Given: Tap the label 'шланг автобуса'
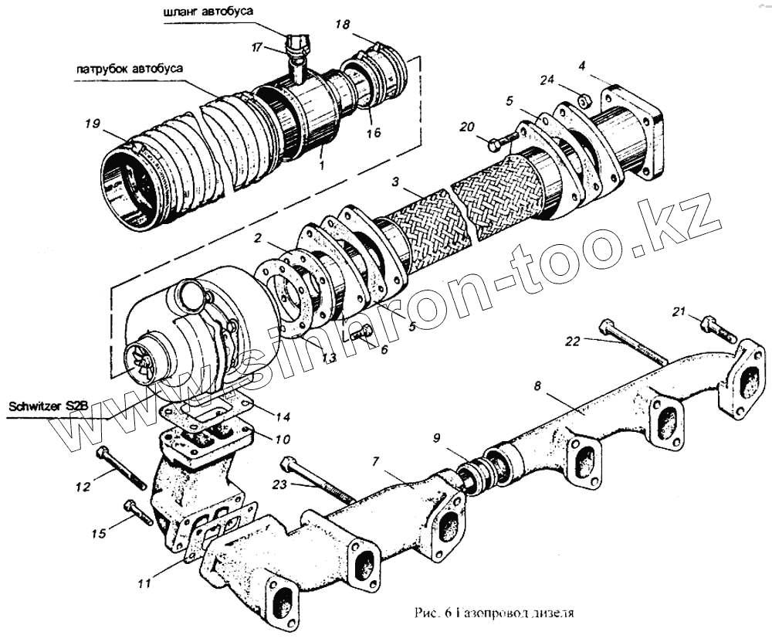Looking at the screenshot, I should [208, 12].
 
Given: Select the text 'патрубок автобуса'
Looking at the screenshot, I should [130, 68].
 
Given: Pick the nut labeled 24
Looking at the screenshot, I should [585, 100].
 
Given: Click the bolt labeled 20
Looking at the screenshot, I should [503, 142].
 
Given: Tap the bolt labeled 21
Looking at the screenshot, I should [719, 328].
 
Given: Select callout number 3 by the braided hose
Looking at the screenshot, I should [395, 183].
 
